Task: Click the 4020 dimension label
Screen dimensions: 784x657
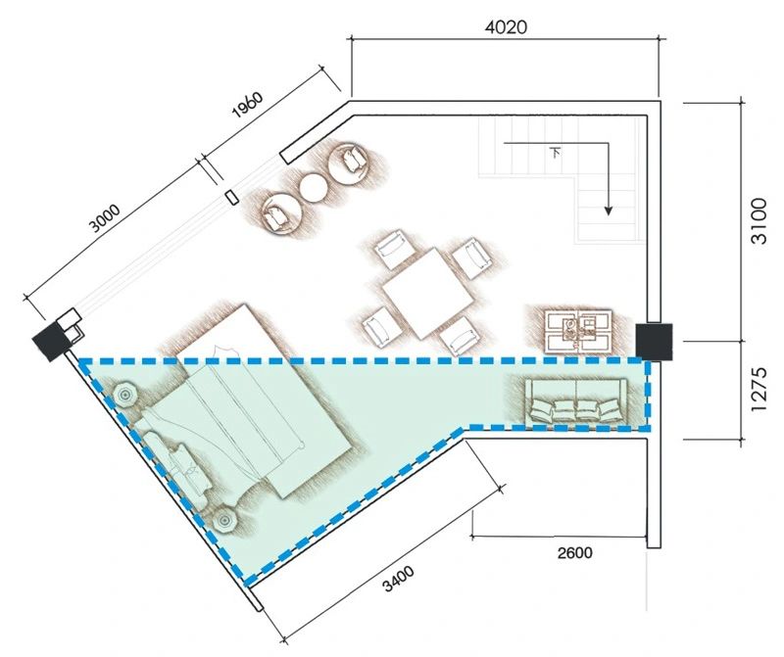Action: click(x=506, y=27)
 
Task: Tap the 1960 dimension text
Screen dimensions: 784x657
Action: click(x=247, y=104)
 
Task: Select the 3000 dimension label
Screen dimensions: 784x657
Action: click(x=105, y=218)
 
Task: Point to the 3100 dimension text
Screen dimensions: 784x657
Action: click(x=759, y=220)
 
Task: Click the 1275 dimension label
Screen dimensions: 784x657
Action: click(x=759, y=389)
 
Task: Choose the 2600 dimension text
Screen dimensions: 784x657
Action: click(x=575, y=552)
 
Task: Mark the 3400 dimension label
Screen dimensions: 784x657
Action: click(x=399, y=579)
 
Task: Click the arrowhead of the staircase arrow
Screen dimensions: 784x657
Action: click(x=608, y=211)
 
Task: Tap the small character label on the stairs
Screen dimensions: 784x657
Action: click(x=555, y=152)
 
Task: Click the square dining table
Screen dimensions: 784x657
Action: click(x=428, y=293)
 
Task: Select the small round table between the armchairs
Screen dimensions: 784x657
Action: click(x=313, y=187)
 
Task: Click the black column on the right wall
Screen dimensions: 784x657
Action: click(x=654, y=342)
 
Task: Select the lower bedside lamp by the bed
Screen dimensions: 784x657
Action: click(x=223, y=522)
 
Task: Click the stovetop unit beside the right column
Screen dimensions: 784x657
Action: click(x=578, y=331)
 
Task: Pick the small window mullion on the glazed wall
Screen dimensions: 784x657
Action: click(x=231, y=198)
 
